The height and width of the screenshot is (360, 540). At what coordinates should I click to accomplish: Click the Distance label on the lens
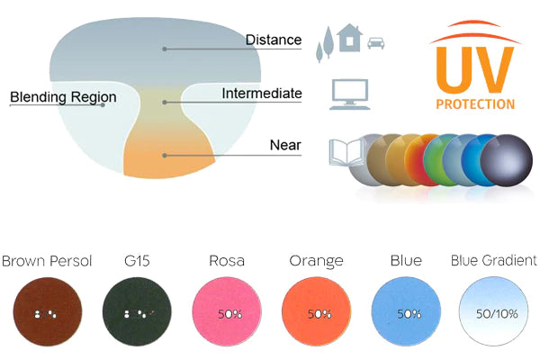tap(274, 40)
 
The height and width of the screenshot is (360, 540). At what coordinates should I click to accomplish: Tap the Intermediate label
tap(261, 94)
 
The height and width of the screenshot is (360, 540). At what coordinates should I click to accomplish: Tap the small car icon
tap(378, 42)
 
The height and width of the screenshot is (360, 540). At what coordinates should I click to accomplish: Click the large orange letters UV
tap(474, 67)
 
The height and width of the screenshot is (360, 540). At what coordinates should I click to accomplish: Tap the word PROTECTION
tap(475, 104)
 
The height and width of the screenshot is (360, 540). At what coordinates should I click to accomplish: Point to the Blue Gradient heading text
tap(493, 261)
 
